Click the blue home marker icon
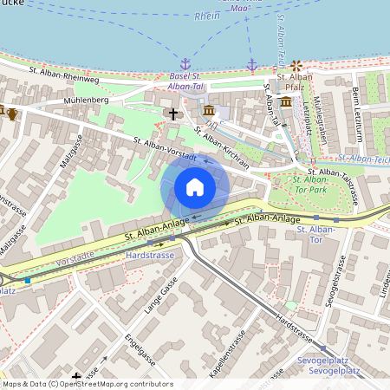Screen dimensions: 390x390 (195, 187)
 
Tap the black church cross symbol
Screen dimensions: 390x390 (172, 114)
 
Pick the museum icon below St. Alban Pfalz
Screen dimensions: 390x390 (286, 101)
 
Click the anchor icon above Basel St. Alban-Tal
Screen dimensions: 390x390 (185, 64)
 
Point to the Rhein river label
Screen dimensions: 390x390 (207, 16)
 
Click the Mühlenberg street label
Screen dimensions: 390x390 (84, 101)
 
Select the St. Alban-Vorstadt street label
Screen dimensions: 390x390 (165, 148)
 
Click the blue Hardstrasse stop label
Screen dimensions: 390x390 (150, 257)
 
